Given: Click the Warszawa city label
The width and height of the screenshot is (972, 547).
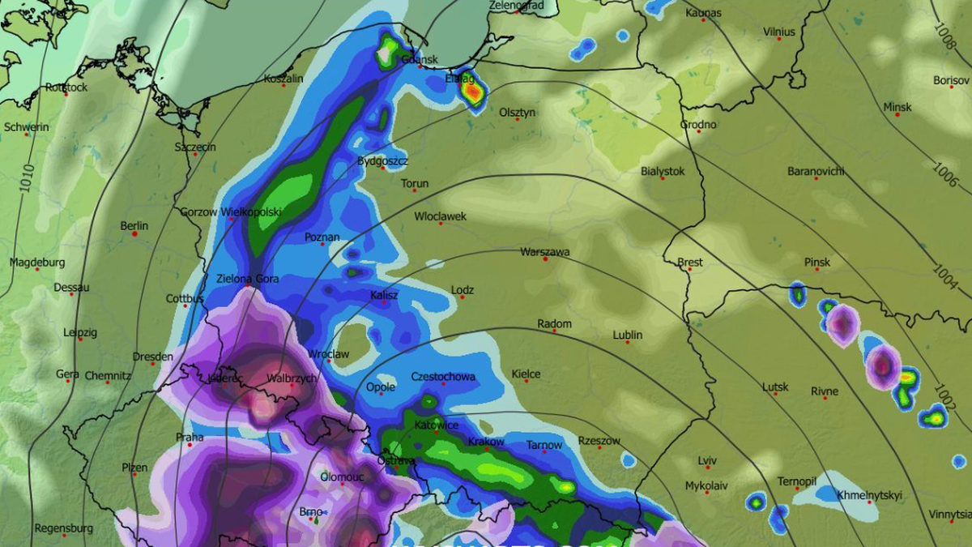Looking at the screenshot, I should tap(545, 252).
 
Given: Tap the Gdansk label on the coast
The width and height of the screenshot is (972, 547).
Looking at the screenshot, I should tap(420, 60).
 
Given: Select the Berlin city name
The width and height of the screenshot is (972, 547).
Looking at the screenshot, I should tap(134, 226).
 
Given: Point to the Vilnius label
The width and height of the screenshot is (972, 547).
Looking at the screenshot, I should tap(779, 32).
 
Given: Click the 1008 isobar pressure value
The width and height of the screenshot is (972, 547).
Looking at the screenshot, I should tap(944, 36).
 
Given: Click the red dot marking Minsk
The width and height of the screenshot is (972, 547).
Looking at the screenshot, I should tap(897, 115).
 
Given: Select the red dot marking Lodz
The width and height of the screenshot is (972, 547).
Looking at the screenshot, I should tap(462, 297).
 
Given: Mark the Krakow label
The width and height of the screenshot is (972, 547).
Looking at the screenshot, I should tap(486, 442).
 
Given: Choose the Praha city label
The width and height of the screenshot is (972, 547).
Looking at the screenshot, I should tap(190, 438).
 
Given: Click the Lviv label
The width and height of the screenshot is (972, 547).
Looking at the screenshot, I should tap(707, 461).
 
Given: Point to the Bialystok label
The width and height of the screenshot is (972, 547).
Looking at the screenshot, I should tap(663, 172).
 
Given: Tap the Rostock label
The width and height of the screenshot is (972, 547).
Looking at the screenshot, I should tap(66, 88).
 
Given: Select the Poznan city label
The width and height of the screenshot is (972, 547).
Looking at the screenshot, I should tap(322, 237).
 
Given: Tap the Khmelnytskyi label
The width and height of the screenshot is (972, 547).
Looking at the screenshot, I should tap(869, 496).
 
